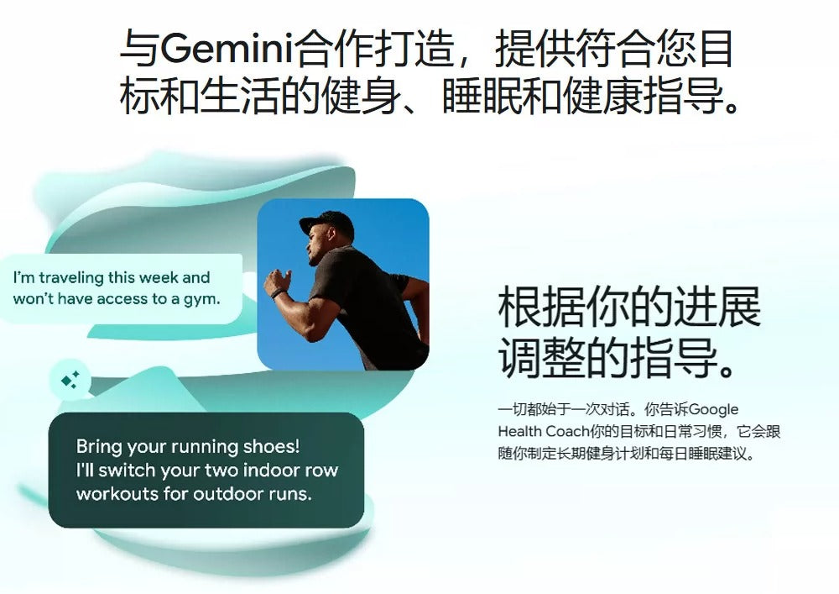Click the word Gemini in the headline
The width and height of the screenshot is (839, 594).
[227, 49]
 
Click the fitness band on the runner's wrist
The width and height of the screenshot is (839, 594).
[277, 293]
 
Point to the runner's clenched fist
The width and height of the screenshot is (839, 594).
[276, 280]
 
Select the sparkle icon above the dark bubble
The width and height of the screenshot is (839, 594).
[70, 380]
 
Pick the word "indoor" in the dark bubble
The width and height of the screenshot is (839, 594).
[270, 470]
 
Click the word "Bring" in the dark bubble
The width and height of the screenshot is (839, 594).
[100, 447]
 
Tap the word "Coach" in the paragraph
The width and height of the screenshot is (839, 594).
[567, 431]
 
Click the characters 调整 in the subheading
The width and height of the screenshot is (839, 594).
[541, 357]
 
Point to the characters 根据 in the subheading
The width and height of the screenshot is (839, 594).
[541, 307]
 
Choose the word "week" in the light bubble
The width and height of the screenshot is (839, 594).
[159, 277]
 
